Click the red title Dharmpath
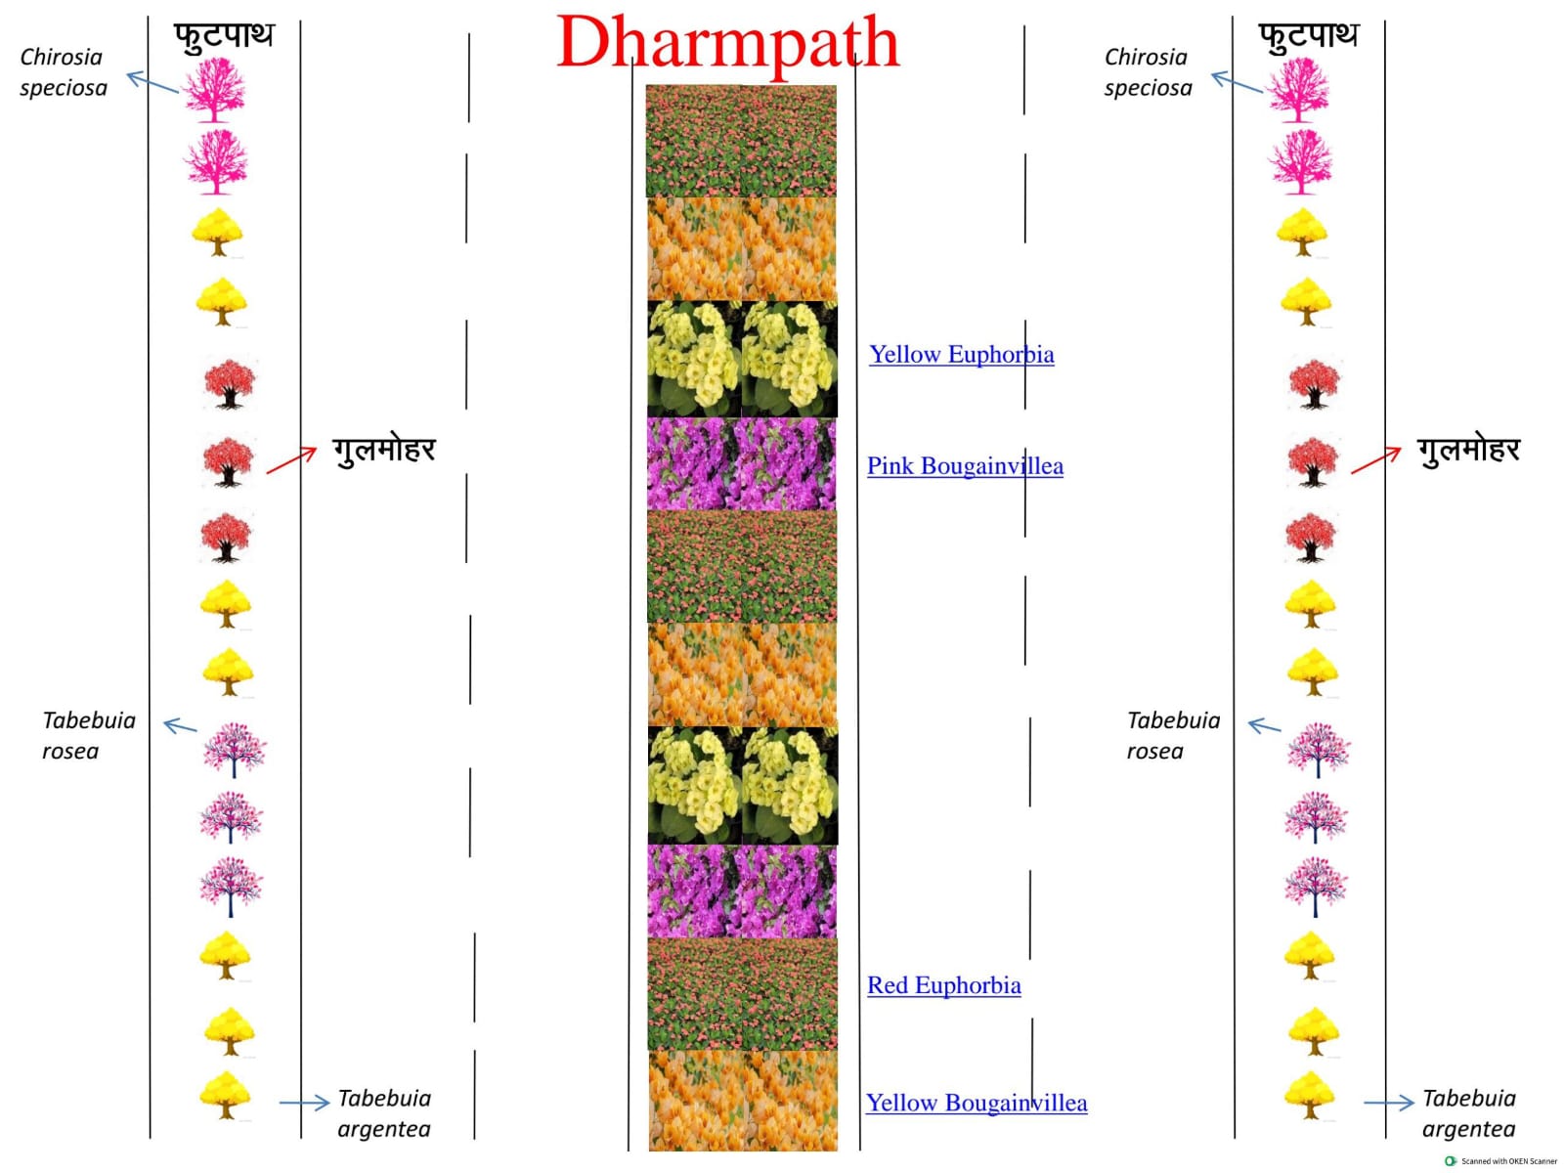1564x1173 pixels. (727, 44)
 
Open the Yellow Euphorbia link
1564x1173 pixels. (961, 354)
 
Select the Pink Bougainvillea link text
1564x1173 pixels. (965, 466)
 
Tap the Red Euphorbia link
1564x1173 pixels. (943, 985)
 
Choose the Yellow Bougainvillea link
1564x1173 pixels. (977, 1104)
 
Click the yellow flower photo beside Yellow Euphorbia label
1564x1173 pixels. (742, 359)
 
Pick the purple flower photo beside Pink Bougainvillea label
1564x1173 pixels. (741, 463)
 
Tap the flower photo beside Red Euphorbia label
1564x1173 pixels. (742, 993)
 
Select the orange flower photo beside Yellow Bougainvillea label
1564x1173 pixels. (743, 1101)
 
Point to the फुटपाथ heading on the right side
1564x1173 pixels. (1308, 35)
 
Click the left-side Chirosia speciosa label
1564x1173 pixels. (63, 72)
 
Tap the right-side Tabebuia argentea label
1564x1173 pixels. (1468, 1114)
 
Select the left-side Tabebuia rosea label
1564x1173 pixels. (88, 736)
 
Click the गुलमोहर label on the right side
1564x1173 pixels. (1468, 450)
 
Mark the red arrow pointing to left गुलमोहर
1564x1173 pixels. (290, 460)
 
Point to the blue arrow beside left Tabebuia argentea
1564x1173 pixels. (304, 1104)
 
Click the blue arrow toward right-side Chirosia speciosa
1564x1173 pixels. (1237, 82)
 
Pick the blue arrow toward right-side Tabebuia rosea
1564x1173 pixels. (1265, 725)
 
